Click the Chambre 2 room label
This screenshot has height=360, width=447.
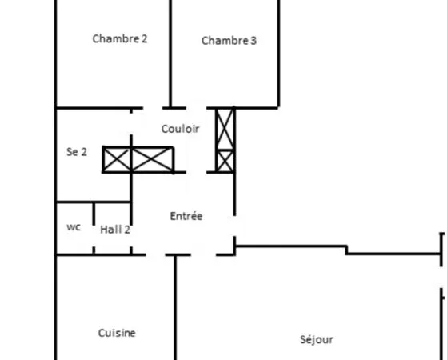120,38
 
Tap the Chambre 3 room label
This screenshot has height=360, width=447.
229,41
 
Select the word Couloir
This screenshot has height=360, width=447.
180,129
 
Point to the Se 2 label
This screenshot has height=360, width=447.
77,152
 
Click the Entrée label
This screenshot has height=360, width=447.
186,216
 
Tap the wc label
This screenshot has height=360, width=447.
74,227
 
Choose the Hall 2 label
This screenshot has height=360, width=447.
115,230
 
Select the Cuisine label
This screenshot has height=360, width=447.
117,333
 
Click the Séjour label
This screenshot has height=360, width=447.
317,339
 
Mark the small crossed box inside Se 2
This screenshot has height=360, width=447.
117,160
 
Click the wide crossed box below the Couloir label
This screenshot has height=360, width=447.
153,160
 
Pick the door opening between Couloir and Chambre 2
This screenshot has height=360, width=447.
153,108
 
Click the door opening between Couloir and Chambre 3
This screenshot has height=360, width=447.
196,108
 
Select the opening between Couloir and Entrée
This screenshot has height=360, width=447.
196,172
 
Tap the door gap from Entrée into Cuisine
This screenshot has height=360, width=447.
156,254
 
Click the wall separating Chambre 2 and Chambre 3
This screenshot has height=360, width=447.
170,54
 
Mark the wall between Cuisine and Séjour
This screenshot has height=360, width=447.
175,307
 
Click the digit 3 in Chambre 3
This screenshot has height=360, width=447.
253,41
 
